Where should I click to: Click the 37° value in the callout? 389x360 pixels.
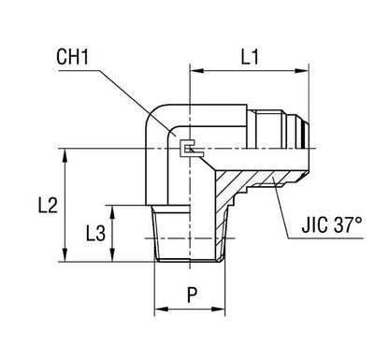pyautogui.click(x=350, y=225)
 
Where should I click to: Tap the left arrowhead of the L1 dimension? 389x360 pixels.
pyautogui.click(x=194, y=68)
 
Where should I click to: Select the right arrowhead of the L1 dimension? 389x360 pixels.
pyautogui.click(x=304, y=68)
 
